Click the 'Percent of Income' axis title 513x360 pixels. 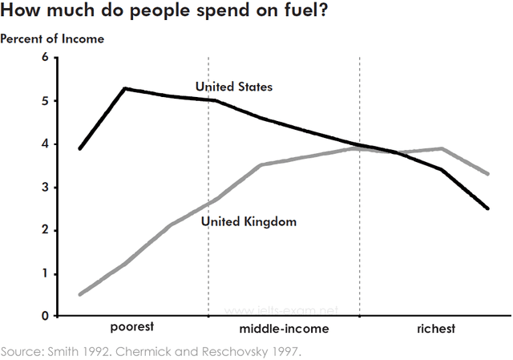pyautogui.click(x=52, y=38)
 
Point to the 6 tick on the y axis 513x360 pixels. pyautogui.click(x=45, y=58)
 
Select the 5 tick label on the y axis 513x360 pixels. pyautogui.click(x=45, y=101)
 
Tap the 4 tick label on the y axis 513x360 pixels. pyautogui.click(x=45, y=144)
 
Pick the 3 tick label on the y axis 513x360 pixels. pyautogui.click(x=45, y=188)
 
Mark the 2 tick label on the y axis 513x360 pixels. pyautogui.click(x=45, y=231)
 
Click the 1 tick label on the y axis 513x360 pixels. pyautogui.click(x=45, y=274)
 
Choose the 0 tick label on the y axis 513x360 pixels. pyautogui.click(x=45, y=317)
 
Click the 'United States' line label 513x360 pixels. pyautogui.click(x=234, y=86)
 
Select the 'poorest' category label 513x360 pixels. pyautogui.click(x=131, y=329)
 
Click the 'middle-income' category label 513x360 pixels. pyautogui.click(x=284, y=329)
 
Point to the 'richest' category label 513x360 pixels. pyautogui.click(x=435, y=329)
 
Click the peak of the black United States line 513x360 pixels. pyautogui.click(x=125, y=88)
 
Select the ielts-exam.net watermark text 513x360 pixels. pyautogui.click(x=282, y=309)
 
